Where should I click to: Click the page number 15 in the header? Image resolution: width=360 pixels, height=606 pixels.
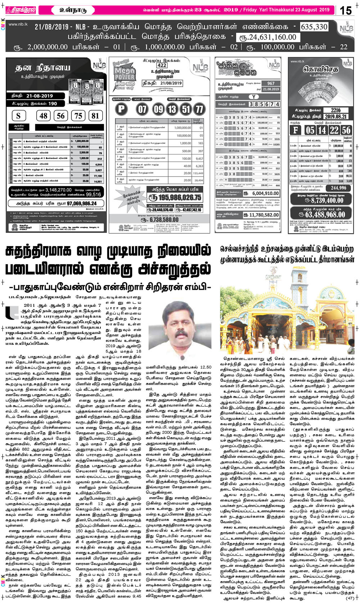[346, 10]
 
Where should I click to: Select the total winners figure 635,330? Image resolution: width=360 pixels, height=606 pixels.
[314, 27]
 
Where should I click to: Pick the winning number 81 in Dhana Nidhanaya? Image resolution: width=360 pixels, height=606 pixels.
[95, 116]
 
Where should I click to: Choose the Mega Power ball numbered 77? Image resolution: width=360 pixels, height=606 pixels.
[199, 109]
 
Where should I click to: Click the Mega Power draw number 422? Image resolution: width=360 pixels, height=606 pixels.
[162, 65]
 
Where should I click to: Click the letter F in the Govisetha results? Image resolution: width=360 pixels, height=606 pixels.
[296, 130]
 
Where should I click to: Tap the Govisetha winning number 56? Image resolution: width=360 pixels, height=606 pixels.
[346, 130]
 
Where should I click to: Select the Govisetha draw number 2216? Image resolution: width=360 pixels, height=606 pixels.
[336, 110]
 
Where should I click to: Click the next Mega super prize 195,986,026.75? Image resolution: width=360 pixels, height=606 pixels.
[175, 197]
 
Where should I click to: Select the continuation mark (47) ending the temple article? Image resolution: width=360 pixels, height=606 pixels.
[350, 598]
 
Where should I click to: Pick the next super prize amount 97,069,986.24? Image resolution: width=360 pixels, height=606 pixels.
[71, 204]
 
